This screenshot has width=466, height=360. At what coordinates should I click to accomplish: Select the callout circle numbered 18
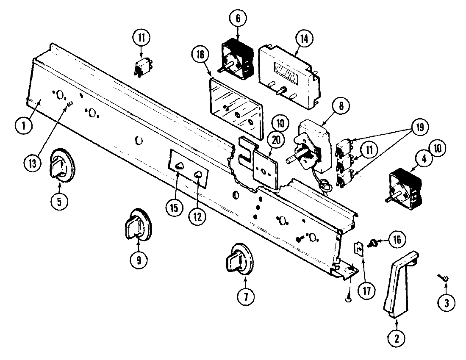click(x=200, y=55)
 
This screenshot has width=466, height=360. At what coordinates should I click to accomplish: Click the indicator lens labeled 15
click(x=179, y=166)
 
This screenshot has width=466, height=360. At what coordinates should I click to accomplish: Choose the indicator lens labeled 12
click(x=197, y=174)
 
